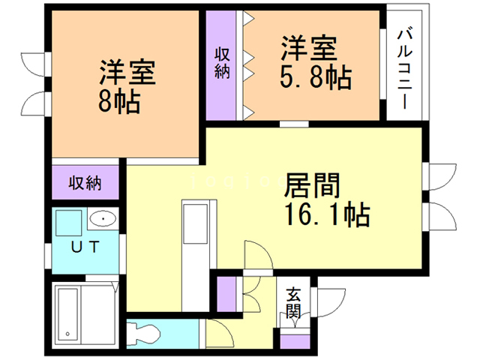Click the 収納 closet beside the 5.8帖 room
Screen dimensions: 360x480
pyautogui.click(x=223, y=65)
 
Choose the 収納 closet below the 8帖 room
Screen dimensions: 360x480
pyautogui.click(x=86, y=182)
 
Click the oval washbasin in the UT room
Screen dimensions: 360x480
pyautogui.click(x=101, y=220)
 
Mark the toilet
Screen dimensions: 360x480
pyautogui.click(x=145, y=331)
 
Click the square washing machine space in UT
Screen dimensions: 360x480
pyautogui.click(x=68, y=223)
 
